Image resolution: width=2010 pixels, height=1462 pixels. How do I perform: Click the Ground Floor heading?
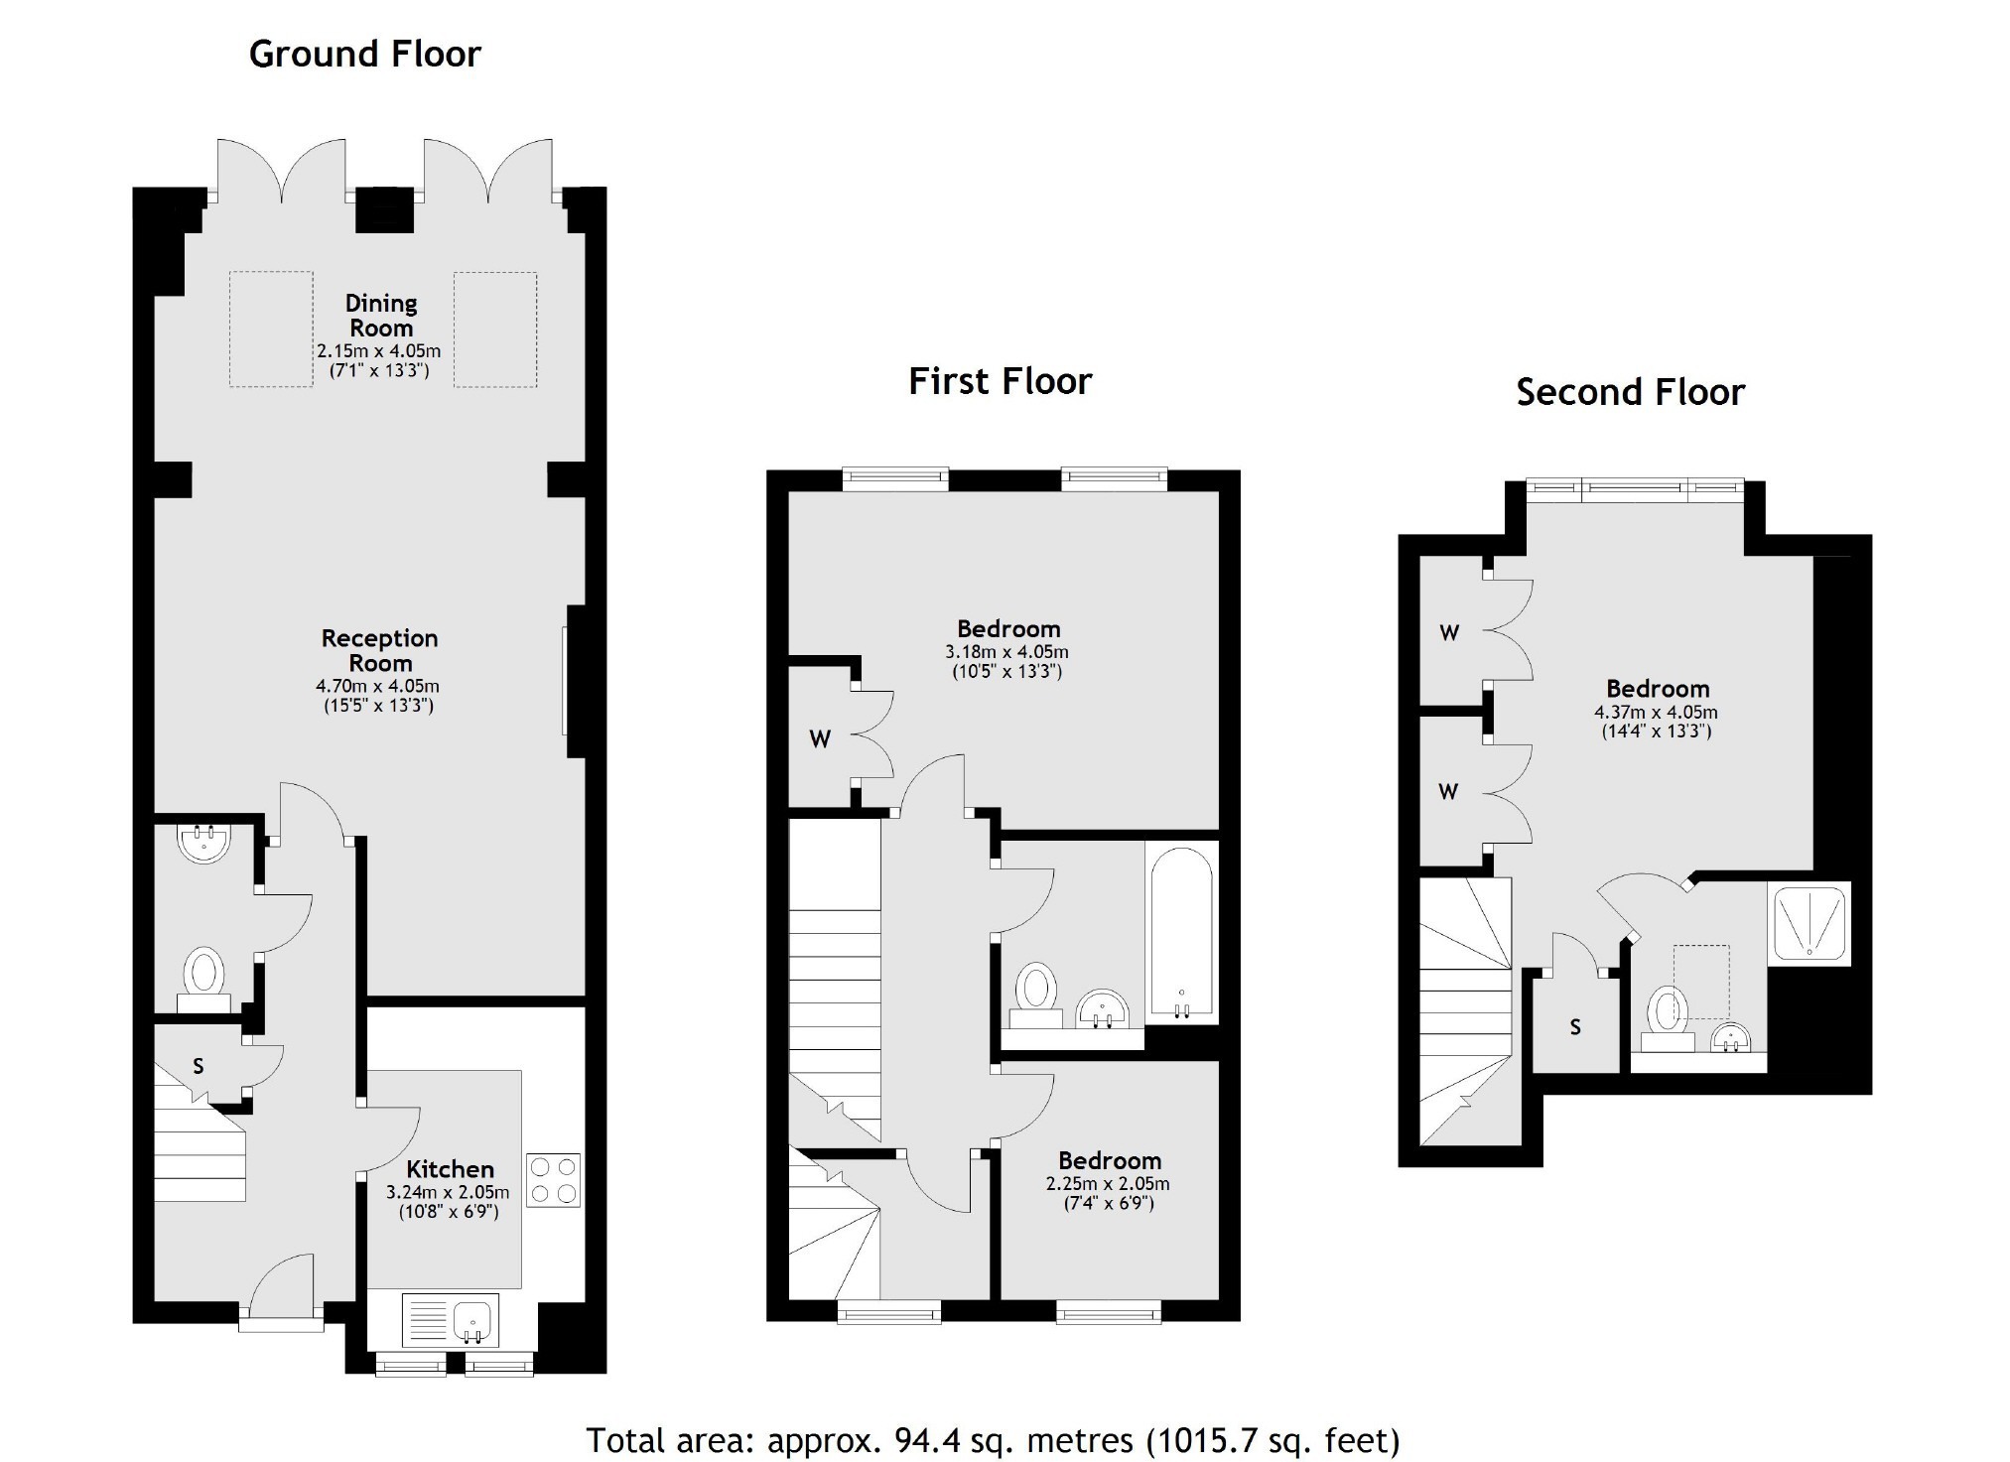[364, 54]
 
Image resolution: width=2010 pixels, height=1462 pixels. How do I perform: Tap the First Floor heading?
[1000, 381]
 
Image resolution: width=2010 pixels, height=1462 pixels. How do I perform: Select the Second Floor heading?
[1630, 392]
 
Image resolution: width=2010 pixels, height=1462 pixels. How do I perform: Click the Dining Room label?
[381, 316]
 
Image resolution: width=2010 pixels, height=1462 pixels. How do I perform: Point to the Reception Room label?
[379, 650]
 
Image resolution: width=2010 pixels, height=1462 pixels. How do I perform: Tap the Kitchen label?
[450, 1169]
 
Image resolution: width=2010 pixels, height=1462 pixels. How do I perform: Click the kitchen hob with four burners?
[553, 1180]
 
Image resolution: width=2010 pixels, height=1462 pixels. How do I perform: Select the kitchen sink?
[451, 1319]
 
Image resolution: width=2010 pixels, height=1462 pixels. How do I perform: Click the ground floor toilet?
[204, 979]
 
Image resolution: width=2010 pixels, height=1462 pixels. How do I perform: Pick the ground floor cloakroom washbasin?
[203, 843]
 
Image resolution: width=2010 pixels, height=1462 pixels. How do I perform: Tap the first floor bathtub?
[1180, 933]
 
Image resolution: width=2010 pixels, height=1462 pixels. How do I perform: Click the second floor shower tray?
[1809, 923]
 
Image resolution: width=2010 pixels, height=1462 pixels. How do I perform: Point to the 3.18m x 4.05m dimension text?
[1006, 652]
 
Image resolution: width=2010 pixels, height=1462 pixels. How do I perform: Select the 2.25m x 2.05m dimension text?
[1108, 1184]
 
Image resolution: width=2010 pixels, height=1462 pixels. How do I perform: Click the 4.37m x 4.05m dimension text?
[1656, 713]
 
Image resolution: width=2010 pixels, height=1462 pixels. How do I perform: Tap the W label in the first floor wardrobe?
[820, 739]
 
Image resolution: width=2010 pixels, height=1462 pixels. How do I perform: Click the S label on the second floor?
[1575, 1027]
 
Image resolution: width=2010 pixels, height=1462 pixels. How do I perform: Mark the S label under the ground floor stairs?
[199, 1066]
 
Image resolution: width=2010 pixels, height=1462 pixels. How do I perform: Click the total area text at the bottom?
[993, 1439]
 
